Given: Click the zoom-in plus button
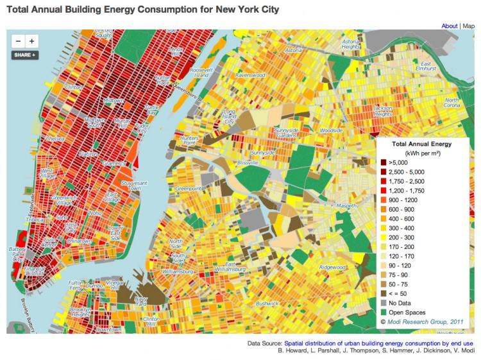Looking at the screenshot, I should [x=32, y=41].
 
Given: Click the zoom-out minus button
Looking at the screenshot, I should [x=19, y=41].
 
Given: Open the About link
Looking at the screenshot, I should [x=449, y=26].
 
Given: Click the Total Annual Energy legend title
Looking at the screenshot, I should [x=419, y=144].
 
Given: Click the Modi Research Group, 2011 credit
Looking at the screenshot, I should [x=423, y=321].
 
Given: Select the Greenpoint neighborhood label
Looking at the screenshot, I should [x=190, y=189].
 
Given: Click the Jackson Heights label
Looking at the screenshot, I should [x=383, y=110].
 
